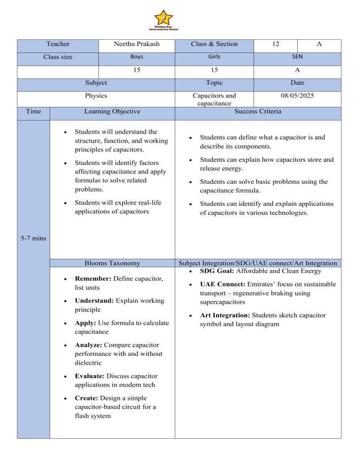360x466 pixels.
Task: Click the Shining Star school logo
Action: click(164, 20)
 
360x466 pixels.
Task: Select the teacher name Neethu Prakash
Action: click(136, 44)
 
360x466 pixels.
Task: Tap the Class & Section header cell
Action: click(214, 44)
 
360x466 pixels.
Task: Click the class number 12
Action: click(276, 44)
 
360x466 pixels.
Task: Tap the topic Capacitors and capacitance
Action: click(214, 99)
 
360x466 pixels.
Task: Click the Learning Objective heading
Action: click(112, 112)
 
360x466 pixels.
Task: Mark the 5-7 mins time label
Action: click(33, 239)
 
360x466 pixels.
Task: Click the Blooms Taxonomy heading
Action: click(112, 263)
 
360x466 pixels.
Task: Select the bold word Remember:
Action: click(90, 279)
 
